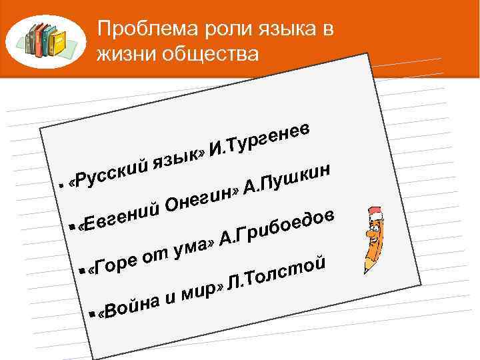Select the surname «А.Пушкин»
289,179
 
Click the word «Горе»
116,264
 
